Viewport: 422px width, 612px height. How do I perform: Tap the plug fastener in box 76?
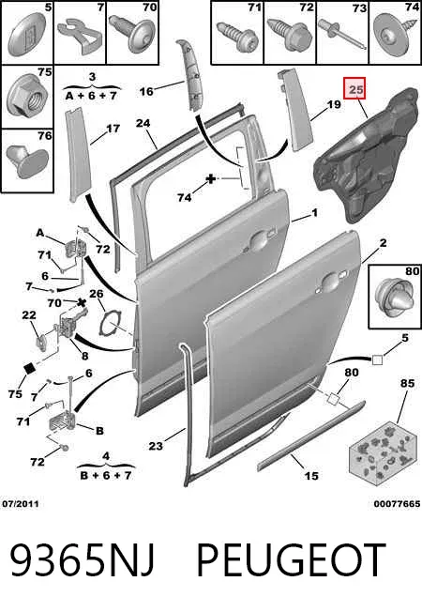tap(27, 161)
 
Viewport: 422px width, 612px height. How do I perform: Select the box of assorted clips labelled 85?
tap(381, 452)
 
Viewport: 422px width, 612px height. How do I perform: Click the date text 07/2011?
tap(21, 504)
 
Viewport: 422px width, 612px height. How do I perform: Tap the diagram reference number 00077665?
tap(397, 504)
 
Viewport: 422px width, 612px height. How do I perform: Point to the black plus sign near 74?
tap(211, 179)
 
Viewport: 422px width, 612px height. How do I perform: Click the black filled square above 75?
tap(30, 368)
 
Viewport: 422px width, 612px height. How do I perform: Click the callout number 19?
tap(334, 104)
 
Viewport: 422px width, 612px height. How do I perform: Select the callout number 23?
tap(156, 445)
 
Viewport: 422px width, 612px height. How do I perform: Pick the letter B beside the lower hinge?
tap(99, 431)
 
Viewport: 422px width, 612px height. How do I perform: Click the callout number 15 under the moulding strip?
tap(311, 476)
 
